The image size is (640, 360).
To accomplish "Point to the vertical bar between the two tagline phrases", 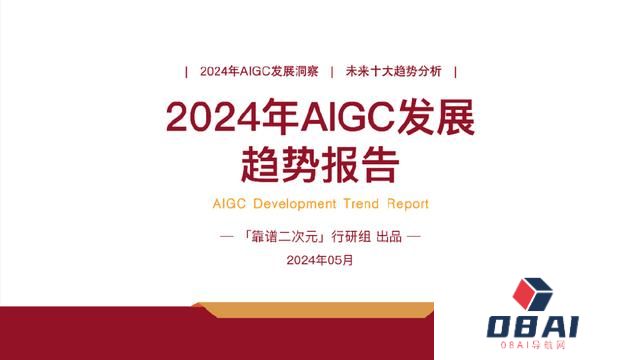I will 331,71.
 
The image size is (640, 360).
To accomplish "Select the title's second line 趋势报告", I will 320,160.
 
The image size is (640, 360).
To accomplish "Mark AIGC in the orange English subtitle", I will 230,203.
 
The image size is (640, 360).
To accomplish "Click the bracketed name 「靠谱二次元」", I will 283,238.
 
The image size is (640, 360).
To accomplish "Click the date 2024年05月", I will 319,260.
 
